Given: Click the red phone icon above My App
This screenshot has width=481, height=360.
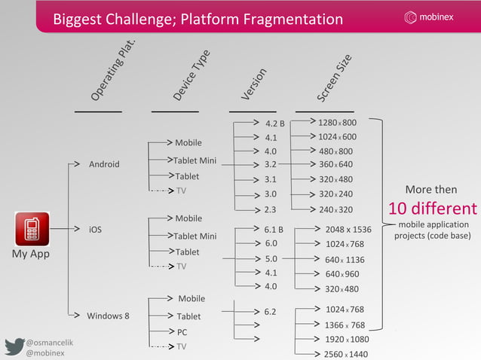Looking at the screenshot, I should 31,230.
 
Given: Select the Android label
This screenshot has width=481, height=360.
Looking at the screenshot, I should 104,164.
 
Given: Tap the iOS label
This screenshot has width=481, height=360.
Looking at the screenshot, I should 96,228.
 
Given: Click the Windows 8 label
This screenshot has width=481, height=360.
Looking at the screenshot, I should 108,316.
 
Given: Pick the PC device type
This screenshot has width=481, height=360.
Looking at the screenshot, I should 182,331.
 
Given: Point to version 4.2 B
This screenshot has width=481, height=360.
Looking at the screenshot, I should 274,124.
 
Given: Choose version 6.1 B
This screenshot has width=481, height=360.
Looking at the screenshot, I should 274,229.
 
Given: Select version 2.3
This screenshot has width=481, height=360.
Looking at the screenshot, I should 271,209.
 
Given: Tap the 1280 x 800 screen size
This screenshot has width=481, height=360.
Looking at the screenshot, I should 337,122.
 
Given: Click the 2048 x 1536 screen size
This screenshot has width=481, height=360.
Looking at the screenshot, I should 348,229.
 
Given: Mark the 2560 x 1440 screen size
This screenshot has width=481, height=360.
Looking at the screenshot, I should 346,353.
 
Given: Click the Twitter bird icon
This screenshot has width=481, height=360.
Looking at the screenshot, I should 14,346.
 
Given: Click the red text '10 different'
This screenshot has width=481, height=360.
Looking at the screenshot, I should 432,208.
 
